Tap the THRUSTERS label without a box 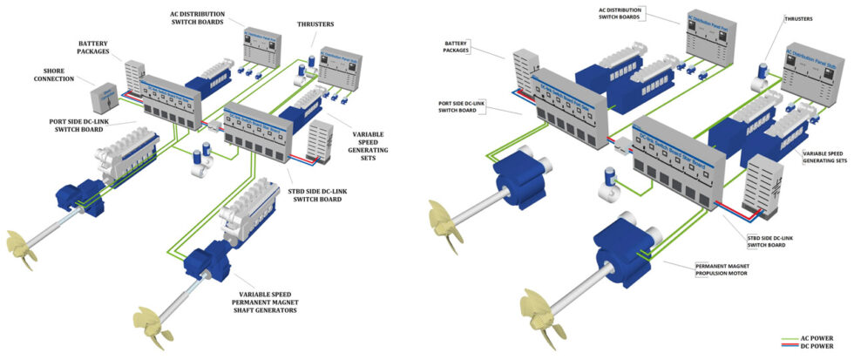click(x=319, y=25)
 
